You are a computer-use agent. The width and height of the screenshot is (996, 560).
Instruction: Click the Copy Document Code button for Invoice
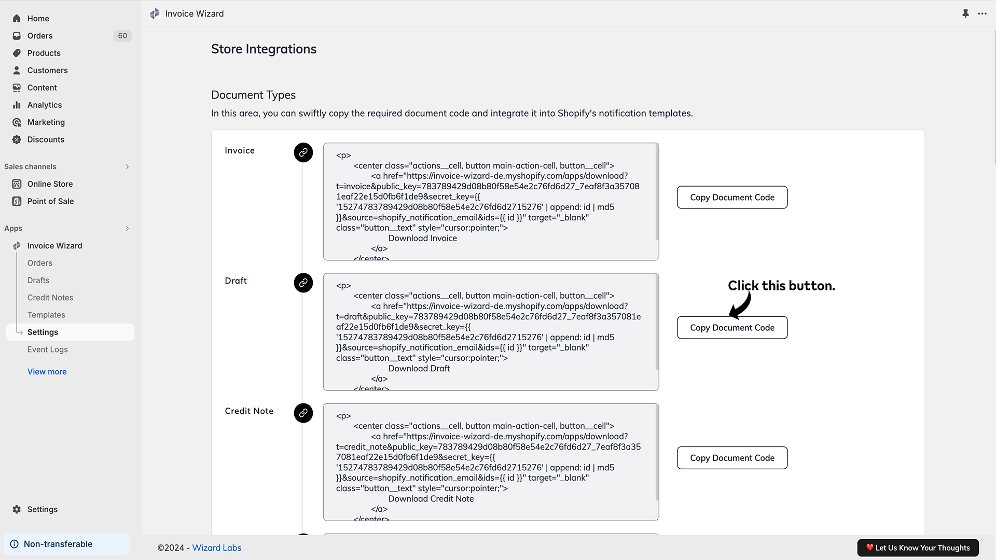(732, 198)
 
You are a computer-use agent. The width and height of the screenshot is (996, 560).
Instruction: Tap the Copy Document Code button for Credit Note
(732, 458)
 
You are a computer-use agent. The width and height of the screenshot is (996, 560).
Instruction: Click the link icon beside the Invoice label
(303, 152)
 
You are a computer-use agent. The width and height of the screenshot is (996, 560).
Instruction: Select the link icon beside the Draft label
(303, 283)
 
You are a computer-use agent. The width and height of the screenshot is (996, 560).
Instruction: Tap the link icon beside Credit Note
(303, 413)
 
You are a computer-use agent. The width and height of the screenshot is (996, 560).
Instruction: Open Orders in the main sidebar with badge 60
(40, 36)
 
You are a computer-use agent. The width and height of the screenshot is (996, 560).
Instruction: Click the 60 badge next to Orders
(122, 36)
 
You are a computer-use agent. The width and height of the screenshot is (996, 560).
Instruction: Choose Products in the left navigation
(44, 53)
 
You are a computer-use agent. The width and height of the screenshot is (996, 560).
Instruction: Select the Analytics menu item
(45, 105)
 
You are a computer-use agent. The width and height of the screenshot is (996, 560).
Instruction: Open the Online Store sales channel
(50, 184)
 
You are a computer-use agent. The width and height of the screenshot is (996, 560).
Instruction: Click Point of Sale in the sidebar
(50, 201)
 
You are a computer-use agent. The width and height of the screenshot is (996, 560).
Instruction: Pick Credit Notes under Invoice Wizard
(50, 298)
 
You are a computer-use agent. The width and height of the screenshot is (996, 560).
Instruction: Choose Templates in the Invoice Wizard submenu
(46, 315)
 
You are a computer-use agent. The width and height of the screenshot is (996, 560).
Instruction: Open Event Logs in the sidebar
(48, 349)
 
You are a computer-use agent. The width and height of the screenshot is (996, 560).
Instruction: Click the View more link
(47, 372)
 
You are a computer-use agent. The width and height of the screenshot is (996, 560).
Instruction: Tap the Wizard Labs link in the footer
(217, 548)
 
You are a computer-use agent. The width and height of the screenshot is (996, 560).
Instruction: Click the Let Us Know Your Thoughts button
(918, 548)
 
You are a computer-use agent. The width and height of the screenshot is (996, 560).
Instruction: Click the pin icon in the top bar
(965, 13)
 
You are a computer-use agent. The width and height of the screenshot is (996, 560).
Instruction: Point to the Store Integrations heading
(264, 49)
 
